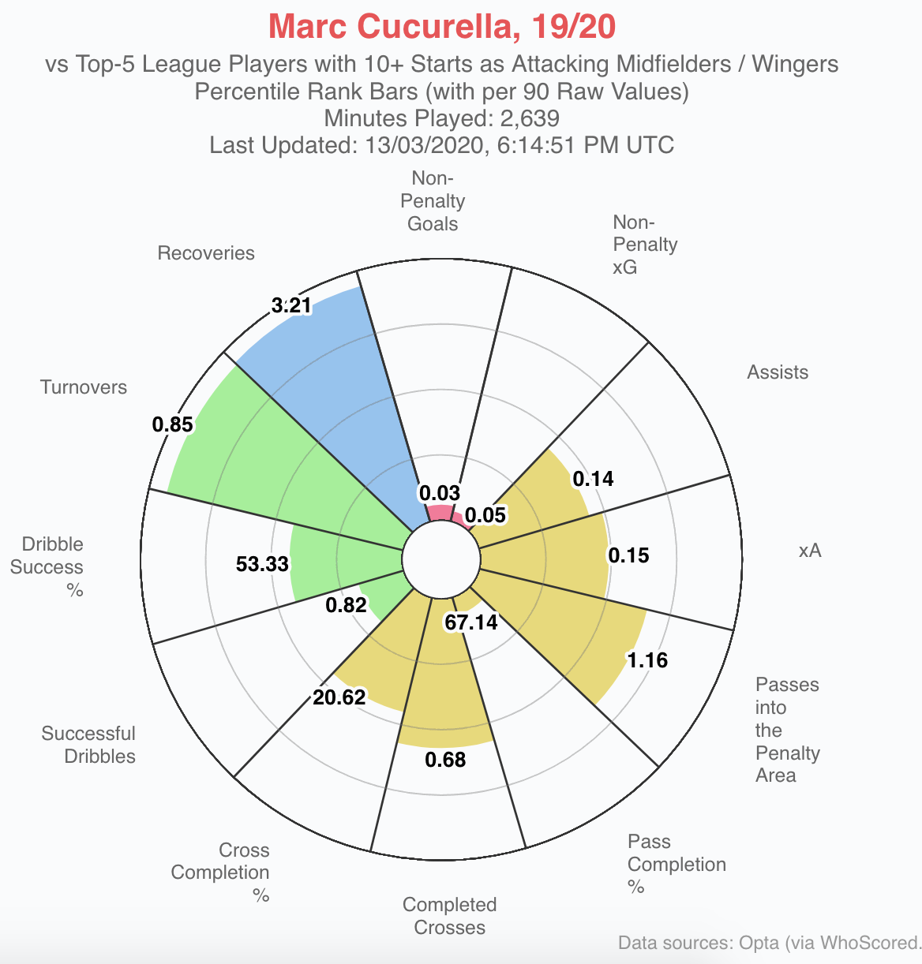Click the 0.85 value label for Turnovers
tap(173, 424)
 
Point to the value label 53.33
tap(262, 564)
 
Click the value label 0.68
tap(445, 760)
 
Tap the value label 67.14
tap(471, 622)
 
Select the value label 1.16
tap(647, 659)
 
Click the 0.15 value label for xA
tap(628, 555)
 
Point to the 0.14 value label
tap(593, 479)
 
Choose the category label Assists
tap(778, 372)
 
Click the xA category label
tap(810, 551)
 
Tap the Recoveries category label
tap(206, 253)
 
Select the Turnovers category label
tap(84, 387)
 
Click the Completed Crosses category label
tap(449, 916)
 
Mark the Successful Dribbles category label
tap(88, 745)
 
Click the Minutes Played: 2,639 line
tap(441, 118)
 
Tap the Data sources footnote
tap(770, 943)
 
